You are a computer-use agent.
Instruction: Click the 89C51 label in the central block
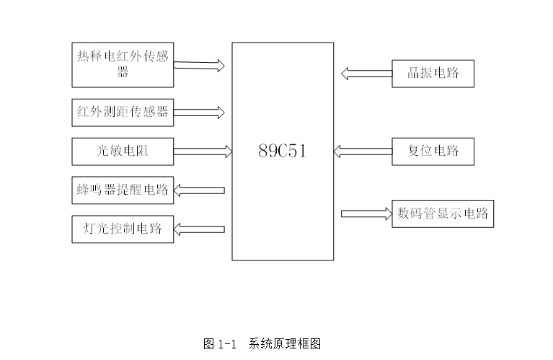click(x=283, y=152)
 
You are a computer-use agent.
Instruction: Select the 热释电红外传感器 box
click(x=123, y=64)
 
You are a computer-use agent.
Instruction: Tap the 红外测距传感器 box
click(x=123, y=112)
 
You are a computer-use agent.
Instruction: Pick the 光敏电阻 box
click(x=123, y=151)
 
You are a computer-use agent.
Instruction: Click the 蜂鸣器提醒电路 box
click(x=123, y=190)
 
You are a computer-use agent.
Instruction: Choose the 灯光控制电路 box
click(x=123, y=229)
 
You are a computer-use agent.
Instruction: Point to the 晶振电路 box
click(x=433, y=73)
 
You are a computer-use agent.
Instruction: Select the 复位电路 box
click(x=433, y=151)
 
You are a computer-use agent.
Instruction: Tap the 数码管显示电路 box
click(x=443, y=214)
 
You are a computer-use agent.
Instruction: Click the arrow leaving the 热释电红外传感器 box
click(x=199, y=65)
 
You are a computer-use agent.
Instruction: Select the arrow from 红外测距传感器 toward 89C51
click(x=199, y=112)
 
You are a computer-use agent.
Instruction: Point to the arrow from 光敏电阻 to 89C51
click(x=203, y=151)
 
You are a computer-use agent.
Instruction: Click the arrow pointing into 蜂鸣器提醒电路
click(x=200, y=190)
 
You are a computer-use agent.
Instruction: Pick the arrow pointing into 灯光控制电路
click(x=200, y=229)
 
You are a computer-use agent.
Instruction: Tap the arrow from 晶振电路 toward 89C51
click(x=366, y=73)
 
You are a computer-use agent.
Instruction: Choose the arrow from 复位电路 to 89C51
click(x=362, y=151)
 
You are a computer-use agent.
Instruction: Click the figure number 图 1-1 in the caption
click(x=220, y=343)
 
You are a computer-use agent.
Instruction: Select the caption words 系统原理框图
click(x=284, y=343)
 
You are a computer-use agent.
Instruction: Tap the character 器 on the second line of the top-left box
click(x=123, y=71)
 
